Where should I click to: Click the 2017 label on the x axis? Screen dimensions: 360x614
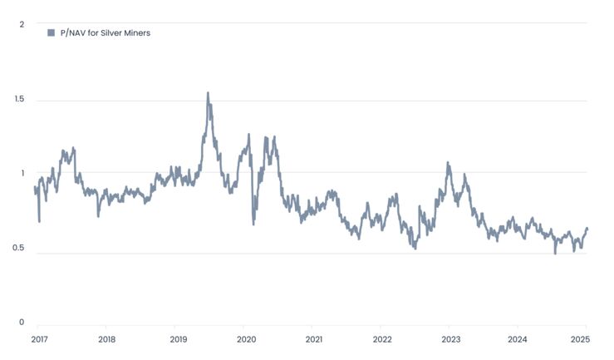coord(39,339)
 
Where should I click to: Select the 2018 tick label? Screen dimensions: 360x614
coord(106,339)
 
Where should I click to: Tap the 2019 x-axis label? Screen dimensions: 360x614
coord(178,339)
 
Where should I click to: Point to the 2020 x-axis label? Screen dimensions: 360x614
coord(246,339)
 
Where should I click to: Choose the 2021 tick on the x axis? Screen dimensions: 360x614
coord(314,339)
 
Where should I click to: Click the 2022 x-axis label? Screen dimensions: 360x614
coord(382,339)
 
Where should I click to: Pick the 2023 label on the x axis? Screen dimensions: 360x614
coord(450,339)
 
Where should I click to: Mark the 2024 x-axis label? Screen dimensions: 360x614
coord(518,339)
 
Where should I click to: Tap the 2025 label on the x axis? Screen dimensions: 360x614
coord(581,339)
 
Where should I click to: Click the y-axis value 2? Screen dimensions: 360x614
coord(22,24)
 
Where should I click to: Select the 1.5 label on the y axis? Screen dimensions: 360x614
coord(18,100)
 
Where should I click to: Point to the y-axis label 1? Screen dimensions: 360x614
coord(22,173)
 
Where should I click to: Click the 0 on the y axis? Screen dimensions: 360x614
coord(22,323)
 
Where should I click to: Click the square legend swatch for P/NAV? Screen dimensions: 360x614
coord(51,32)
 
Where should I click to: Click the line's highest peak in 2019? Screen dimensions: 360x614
coord(208,93)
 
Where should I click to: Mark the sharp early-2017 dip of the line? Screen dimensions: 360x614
coord(39,220)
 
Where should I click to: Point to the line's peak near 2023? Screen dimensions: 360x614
coord(448,163)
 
